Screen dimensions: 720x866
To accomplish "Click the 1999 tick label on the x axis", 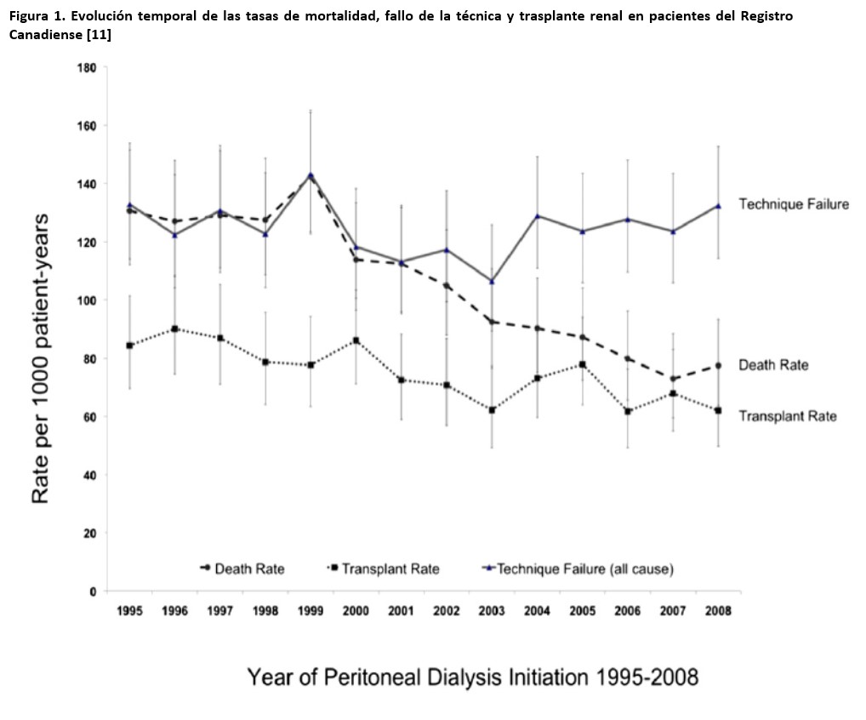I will click(x=311, y=611).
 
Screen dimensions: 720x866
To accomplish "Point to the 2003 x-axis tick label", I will click(x=491, y=611).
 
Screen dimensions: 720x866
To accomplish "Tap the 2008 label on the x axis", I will click(x=717, y=611).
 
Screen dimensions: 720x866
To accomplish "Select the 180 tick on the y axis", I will click(x=85, y=67).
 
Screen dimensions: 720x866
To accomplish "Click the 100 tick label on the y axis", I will click(x=85, y=300).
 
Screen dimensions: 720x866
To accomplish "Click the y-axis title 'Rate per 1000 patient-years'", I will click(x=41, y=358).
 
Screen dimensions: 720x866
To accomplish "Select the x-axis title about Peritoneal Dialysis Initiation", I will click(x=472, y=677).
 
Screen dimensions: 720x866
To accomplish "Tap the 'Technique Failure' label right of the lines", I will click(x=793, y=204).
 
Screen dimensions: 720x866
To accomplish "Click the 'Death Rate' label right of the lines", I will click(x=772, y=365).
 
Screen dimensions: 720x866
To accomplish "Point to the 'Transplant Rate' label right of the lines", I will click(x=787, y=416).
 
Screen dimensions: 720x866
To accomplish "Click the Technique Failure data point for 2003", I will click(x=491, y=281).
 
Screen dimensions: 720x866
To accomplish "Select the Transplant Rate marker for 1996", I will click(x=175, y=329).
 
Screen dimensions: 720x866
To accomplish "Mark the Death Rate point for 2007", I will click(x=672, y=379).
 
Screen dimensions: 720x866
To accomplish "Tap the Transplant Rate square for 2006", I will click(x=627, y=411).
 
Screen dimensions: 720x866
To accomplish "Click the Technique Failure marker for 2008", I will click(x=717, y=205).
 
